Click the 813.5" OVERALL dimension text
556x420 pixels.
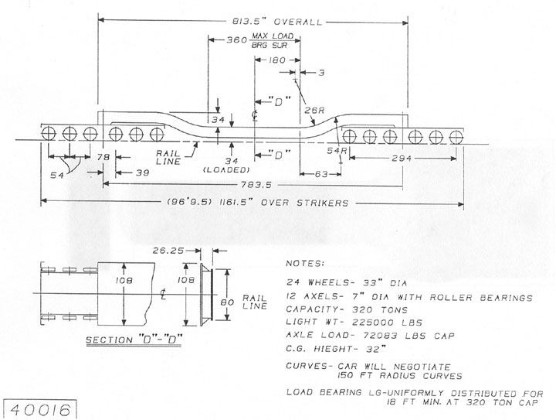coord(277,22)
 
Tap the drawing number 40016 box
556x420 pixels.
coord(39,410)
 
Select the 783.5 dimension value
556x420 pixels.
coord(256,185)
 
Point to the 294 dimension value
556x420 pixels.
coord(402,158)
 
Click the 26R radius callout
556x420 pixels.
coord(314,111)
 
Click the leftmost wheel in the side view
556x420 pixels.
coord(49,134)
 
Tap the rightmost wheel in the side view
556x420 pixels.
coord(456,137)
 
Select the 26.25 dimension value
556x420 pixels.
coord(168,251)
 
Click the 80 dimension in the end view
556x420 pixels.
coord(227,302)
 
